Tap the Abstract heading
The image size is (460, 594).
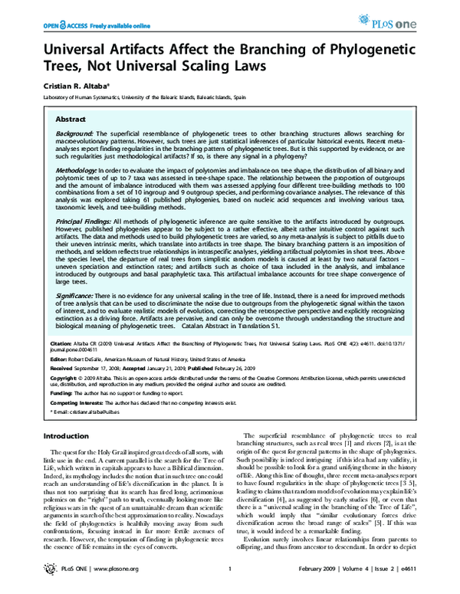point(70,120)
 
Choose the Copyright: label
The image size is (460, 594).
point(62,378)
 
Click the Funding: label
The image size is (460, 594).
point(60,392)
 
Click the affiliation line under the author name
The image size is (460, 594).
point(143,98)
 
